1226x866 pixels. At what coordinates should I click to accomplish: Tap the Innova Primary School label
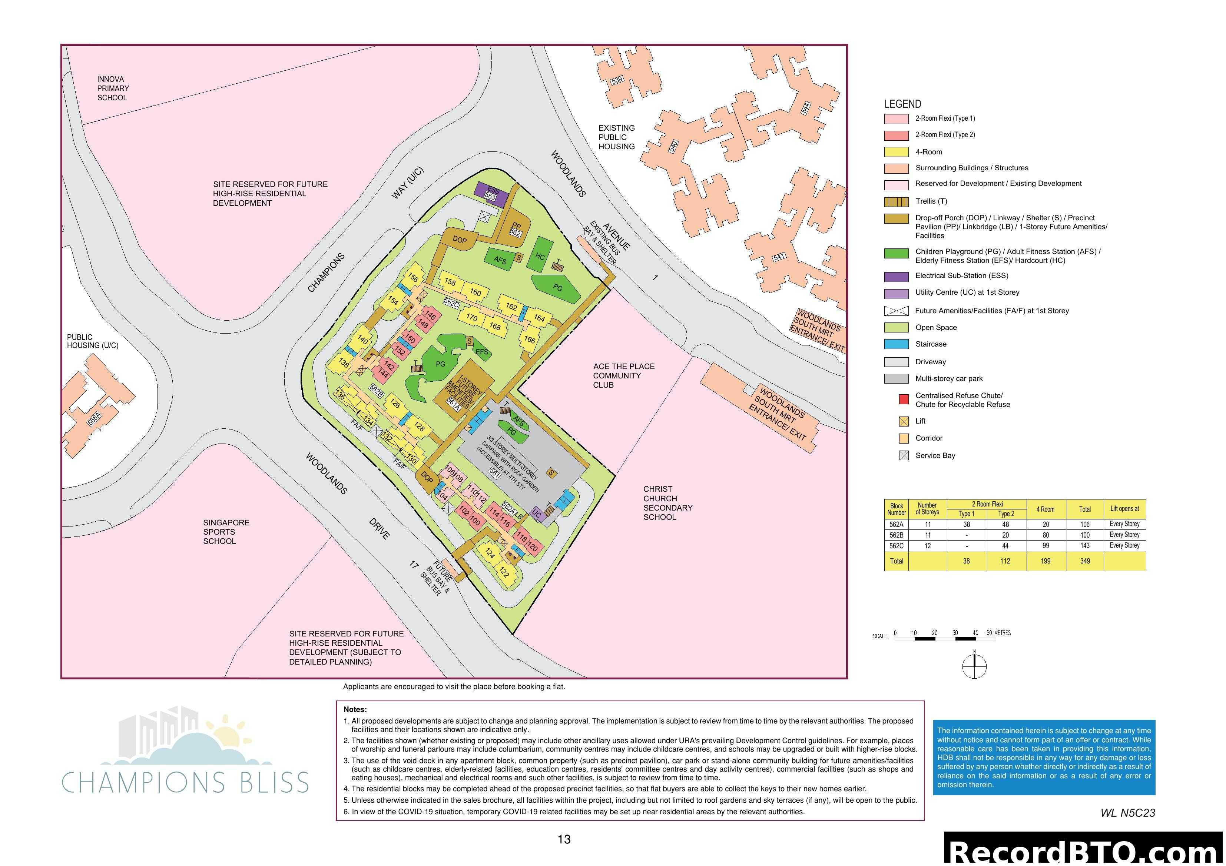[113, 88]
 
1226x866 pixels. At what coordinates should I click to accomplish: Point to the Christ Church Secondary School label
[667, 503]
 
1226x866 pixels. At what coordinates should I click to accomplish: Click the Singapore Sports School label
[226, 532]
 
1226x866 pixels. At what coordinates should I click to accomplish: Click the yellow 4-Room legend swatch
[896, 152]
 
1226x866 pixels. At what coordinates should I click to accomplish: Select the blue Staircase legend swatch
[896, 345]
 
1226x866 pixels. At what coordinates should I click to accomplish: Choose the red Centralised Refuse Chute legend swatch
[904, 399]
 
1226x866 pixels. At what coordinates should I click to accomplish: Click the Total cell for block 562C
[1084, 546]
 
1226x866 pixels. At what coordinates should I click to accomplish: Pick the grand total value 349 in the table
[1084, 561]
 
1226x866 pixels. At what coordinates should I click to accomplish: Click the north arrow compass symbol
[974, 666]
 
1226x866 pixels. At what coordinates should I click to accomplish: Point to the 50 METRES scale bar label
[998, 633]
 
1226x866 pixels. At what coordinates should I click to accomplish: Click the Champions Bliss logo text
[185, 783]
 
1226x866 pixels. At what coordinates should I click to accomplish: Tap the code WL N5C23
[1127, 813]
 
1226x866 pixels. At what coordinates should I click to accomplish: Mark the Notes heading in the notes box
[355, 710]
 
